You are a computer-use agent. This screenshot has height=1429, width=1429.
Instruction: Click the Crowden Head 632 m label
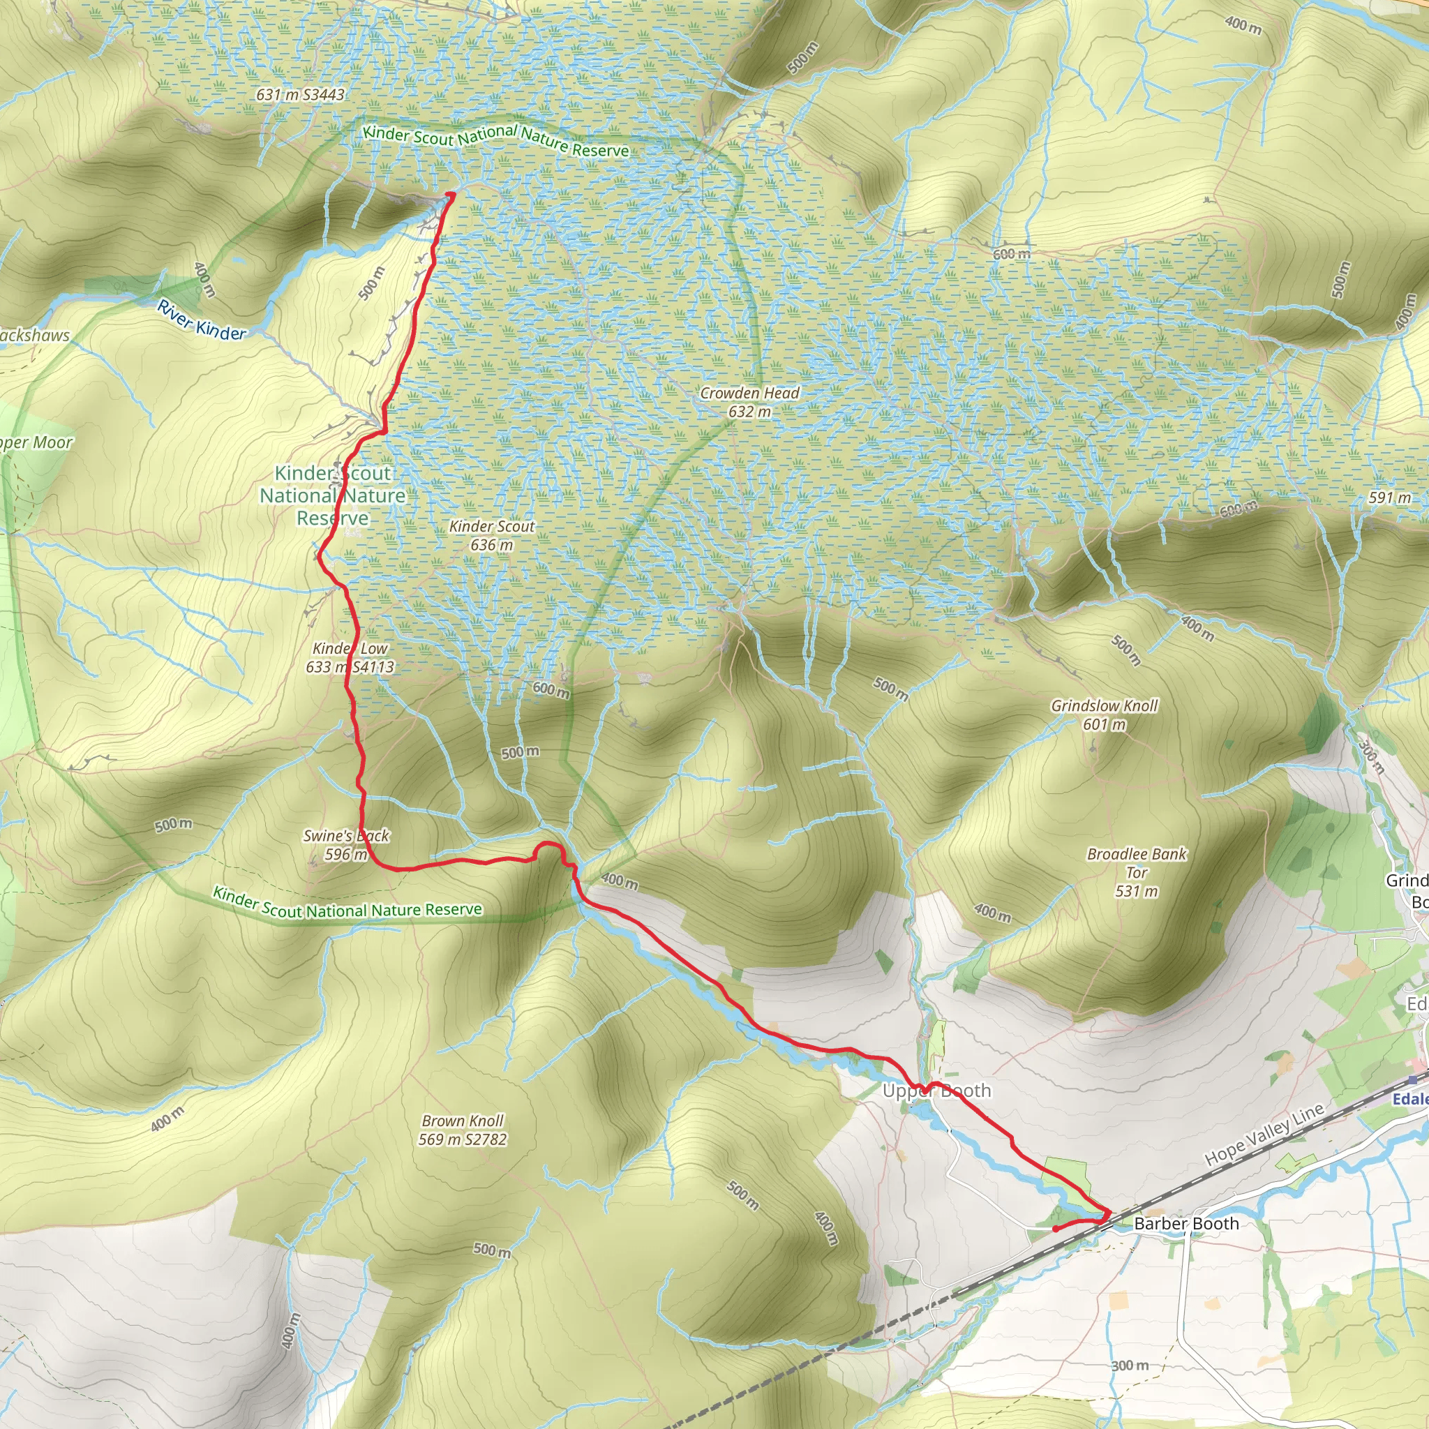tap(749, 403)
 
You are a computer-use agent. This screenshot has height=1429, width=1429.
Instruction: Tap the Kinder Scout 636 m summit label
tap(492, 535)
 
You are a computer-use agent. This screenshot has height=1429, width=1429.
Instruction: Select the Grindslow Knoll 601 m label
tap(1105, 714)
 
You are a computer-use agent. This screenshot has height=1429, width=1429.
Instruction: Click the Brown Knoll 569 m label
tap(463, 1130)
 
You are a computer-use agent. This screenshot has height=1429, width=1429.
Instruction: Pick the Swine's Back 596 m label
tap(346, 845)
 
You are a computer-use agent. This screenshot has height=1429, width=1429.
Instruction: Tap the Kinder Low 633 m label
tap(350, 657)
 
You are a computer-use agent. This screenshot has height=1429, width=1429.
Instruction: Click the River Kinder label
tap(201, 320)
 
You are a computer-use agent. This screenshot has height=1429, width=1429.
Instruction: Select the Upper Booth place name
tap(936, 1091)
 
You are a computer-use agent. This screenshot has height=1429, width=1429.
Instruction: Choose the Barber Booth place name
tap(1185, 1223)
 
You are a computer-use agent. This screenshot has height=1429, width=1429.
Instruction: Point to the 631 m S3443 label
tap(300, 95)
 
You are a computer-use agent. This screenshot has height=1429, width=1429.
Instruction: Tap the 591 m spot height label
tap(1389, 497)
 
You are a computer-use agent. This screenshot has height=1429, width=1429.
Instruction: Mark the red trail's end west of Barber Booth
tap(1054, 1229)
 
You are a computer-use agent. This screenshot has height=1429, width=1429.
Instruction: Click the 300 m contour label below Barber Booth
tap(1130, 1366)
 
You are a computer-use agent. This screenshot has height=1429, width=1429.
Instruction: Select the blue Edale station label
tap(1409, 1098)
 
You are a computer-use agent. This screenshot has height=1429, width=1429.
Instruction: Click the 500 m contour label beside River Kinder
tap(371, 283)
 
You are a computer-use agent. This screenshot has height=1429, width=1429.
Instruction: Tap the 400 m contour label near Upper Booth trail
tap(619, 881)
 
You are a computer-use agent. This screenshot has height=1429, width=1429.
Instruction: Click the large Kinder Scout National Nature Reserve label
tap(333, 495)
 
